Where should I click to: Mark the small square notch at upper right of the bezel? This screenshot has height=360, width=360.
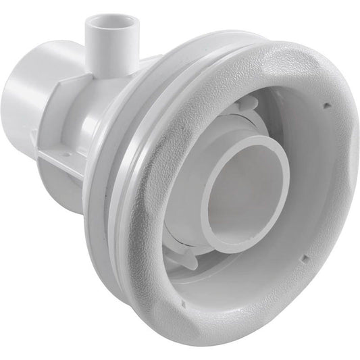point(325,105)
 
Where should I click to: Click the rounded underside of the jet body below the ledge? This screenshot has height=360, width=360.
point(101,196)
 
